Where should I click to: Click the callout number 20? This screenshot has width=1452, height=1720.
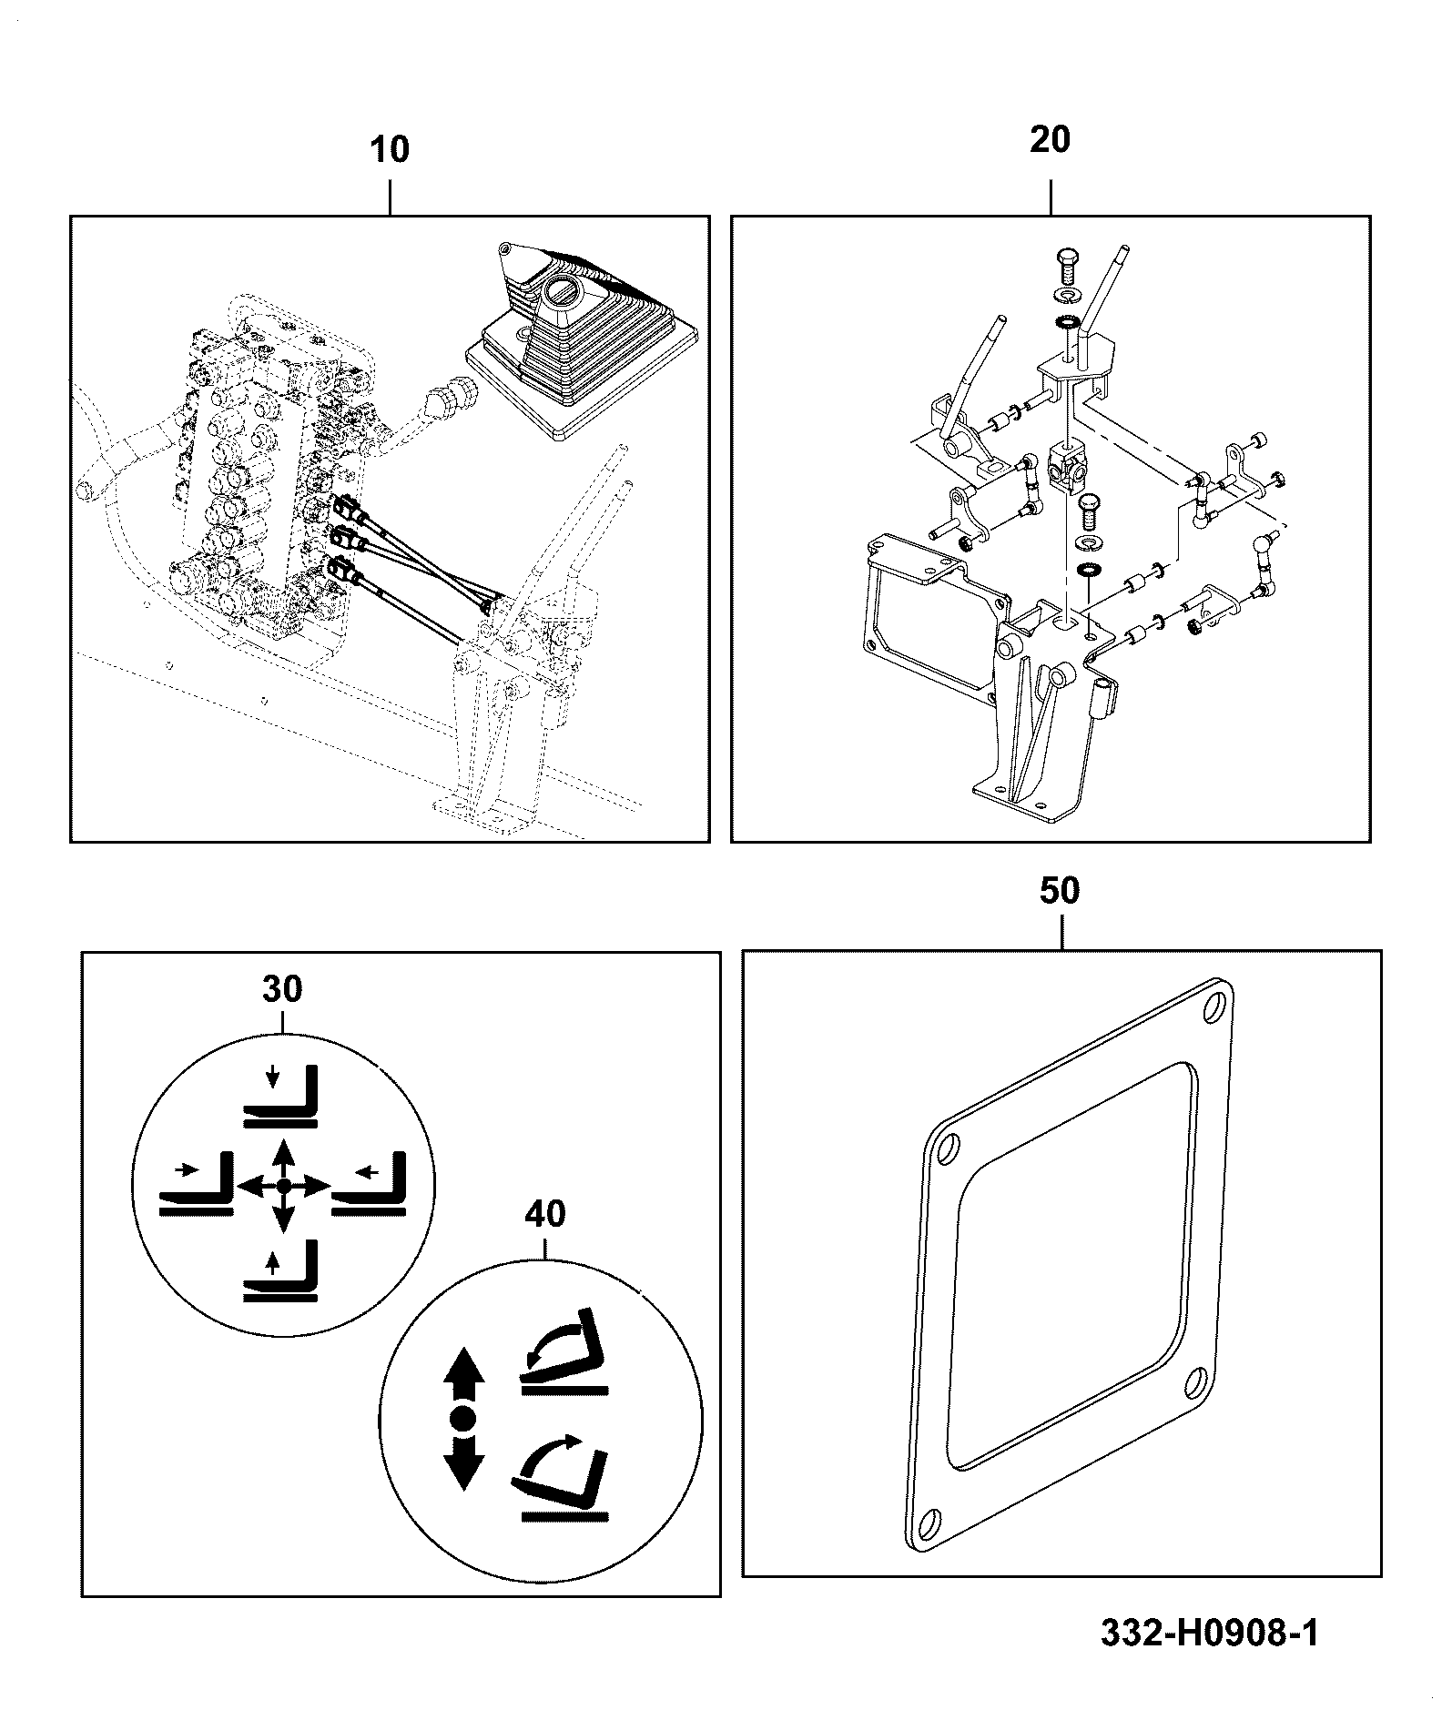coord(1050,140)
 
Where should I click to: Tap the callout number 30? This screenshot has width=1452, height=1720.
coord(282,988)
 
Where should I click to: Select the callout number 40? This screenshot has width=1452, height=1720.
coord(544,1213)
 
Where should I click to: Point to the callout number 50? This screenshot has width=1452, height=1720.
coord(1060,890)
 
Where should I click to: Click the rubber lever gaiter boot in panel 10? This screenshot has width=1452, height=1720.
coord(579,341)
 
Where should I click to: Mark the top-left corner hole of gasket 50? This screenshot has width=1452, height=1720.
coord(947,1149)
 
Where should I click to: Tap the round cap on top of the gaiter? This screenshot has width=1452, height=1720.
coord(556,293)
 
